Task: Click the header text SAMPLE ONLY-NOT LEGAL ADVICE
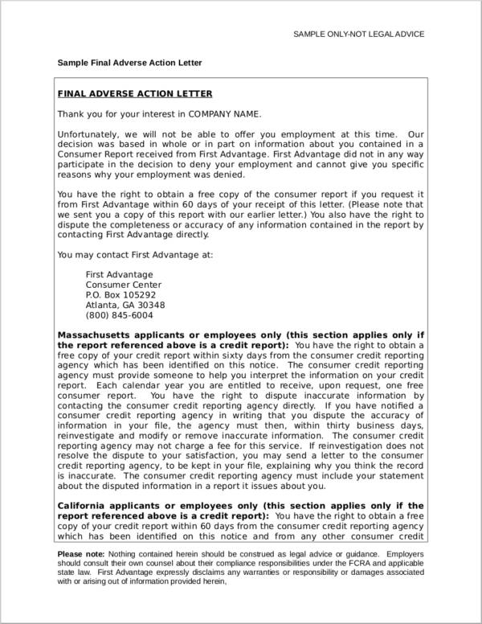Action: click(358, 34)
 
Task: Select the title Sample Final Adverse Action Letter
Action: click(129, 63)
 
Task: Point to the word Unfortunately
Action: click(88, 134)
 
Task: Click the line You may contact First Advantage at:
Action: click(135, 255)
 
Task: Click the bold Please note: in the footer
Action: click(81, 555)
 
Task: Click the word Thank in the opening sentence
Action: click(71, 113)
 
